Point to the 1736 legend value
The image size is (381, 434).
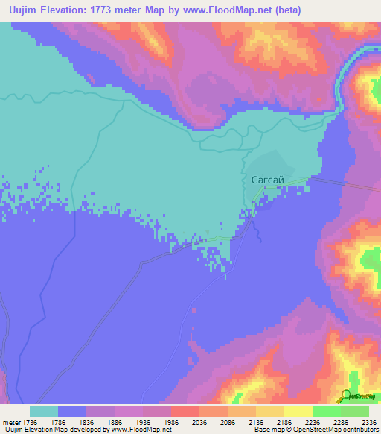[x=28, y=421]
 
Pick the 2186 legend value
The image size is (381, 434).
[x=284, y=421]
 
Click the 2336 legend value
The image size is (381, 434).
[x=368, y=421]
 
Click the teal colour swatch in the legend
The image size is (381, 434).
[x=44, y=411]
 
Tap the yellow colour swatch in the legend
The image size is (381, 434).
[x=298, y=411]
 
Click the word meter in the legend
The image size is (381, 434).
[x=10, y=421]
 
